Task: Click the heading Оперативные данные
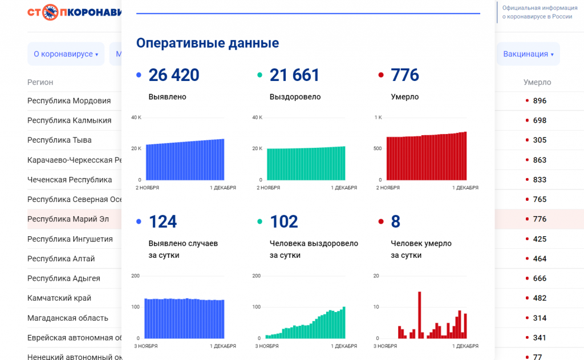tap(208, 43)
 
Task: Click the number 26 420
tap(174, 75)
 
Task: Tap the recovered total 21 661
tap(294, 75)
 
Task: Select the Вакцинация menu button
tap(528, 54)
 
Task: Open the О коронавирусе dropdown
tap(66, 54)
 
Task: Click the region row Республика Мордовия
tap(69, 101)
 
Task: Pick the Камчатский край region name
tap(59, 298)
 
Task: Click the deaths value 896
tap(539, 101)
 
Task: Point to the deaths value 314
tap(539, 318)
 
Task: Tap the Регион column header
tap(40, 82)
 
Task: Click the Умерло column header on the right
tap(537, 82)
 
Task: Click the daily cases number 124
tap(163, 221)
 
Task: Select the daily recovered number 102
tap(284, 221)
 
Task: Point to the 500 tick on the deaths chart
tap(377, 148)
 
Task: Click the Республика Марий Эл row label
tap(68, 219)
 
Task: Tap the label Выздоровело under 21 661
tap(295, 97)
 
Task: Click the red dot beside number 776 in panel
tap(380, 75)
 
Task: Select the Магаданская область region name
tap(68, 318)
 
